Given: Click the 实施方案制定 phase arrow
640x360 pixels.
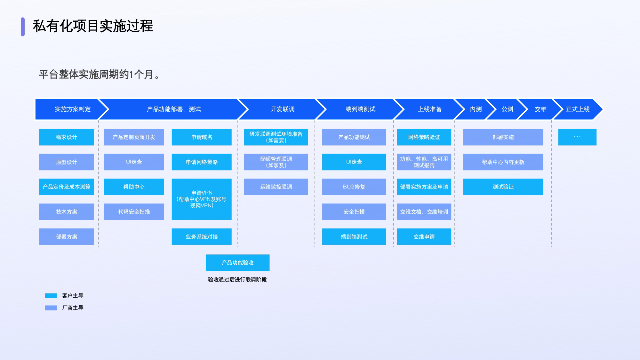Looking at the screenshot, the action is click(x=72, y=109).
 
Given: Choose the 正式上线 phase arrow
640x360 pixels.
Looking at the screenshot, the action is click(x=578, y=109).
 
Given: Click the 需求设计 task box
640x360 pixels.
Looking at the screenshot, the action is click(x=67, y=137).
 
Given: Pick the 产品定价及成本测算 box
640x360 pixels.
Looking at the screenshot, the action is click(x=67, y=187).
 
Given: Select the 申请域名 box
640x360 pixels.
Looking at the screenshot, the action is click(x=202, y=137).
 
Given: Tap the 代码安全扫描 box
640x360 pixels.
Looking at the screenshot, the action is click(x=134, y=212).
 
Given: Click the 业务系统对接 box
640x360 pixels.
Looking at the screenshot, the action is click(x=202, y=237).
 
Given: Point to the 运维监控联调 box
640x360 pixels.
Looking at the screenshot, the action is click(x=276, y=187).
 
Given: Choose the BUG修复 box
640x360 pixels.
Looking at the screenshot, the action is click(x=354, y=187).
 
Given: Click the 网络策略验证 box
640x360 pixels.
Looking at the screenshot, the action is click(x=424, y=137).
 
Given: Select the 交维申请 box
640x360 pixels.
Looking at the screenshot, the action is click(x=424, y=237).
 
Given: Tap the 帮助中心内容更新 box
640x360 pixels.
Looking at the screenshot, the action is click(x=503, y=162).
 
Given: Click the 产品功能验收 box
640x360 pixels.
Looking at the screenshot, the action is click(x=237, y=263).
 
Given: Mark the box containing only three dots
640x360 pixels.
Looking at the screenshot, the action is click(x=577, y=137).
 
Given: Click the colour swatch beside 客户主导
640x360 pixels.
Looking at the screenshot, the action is click(x=51, y=296).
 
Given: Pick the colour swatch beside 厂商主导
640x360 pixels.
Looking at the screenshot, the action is click(x=51, y=308).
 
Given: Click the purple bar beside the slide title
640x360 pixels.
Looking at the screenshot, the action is click(x=23, y=27).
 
